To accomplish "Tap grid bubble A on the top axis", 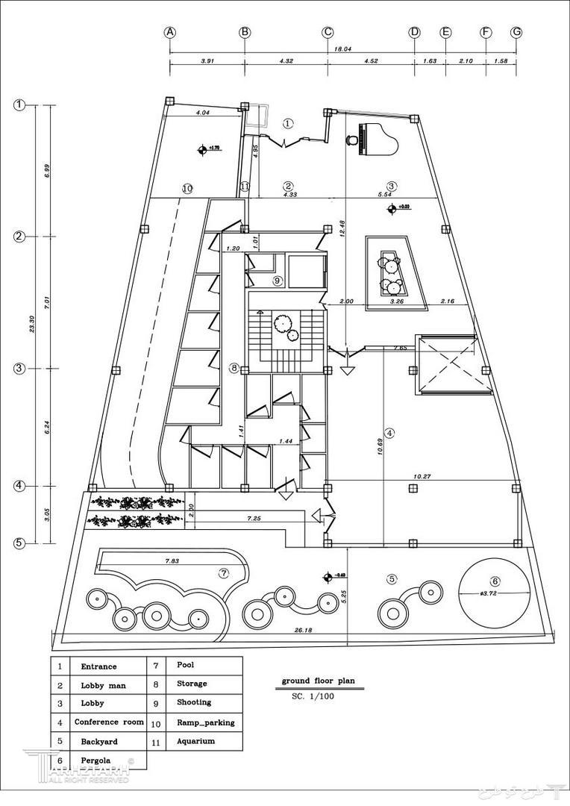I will click(170, 32).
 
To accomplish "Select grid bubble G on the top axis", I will click(516, 32).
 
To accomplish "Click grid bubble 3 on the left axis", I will click(20, 368).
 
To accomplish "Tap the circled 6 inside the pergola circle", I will click(495, 581).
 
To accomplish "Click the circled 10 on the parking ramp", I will click(187, 189).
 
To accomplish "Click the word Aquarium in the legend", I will click(195, 741).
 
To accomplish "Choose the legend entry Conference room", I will click(108, 722).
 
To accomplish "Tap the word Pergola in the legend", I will click(98, 760).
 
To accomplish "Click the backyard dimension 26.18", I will click(303, 631).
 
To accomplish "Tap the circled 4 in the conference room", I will click(389, 432).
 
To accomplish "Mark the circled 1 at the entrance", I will click(289, 124).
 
